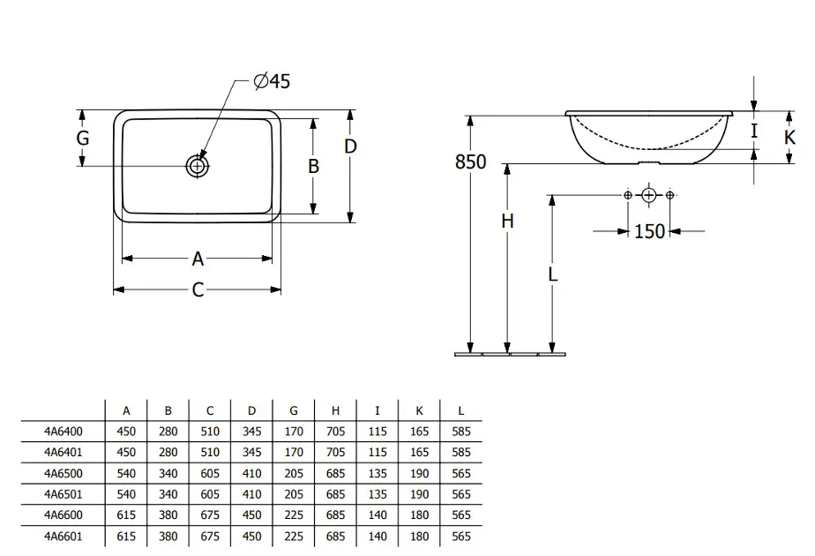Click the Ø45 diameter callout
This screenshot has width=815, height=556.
point(272,81)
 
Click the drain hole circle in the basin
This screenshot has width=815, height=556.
point(198,167)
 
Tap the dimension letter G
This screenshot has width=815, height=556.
point(83,138)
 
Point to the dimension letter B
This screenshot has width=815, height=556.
point(313,166)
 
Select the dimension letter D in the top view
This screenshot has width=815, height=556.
point(350,147)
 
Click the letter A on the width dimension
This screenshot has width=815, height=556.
point(198,259)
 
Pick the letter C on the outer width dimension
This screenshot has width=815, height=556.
point(198,289)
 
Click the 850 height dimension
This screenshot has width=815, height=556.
point(470,162)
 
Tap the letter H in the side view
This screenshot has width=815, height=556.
point(507,221)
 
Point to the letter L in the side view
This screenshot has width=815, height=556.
point(552,274)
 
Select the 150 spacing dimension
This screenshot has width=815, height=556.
point(649,231)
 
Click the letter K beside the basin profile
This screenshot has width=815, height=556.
point(789,138)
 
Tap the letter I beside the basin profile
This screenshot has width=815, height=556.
point(754,131)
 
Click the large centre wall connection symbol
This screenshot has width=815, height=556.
point(648,195)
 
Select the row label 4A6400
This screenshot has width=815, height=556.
point(63,432)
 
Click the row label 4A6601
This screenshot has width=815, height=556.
point(63,537)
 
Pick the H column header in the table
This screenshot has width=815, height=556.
point(335,411)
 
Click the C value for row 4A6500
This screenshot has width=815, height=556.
point(210,473)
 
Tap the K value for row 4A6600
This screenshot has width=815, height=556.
point(419,515)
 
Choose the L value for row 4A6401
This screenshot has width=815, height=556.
point(461,452)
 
